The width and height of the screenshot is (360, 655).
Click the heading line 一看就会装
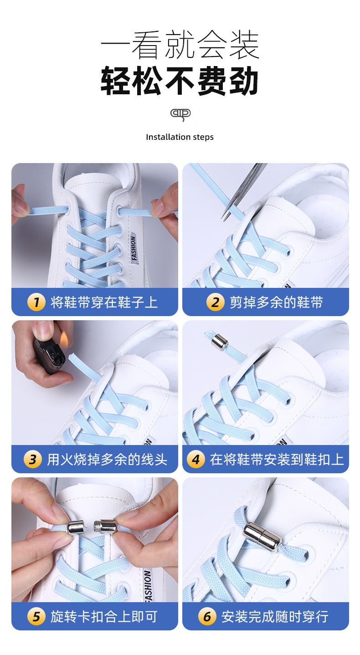180,46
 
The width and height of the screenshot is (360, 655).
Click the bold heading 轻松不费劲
180,81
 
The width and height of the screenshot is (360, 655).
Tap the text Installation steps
180,137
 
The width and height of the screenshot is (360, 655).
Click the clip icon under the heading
180,114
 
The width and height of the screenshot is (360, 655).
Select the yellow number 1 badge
36,302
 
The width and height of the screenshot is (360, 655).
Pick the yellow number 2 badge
215,302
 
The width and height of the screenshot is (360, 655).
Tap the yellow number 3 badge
32,459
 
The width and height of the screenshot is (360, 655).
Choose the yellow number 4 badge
195,459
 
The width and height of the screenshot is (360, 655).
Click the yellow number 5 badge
36,617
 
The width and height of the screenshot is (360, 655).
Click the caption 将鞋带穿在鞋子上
104,302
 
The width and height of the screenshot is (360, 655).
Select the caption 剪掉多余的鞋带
276,302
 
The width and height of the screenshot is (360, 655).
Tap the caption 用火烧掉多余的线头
107,459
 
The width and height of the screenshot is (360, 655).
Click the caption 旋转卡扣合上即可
104,617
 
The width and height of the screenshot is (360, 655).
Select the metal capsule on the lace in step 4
220,341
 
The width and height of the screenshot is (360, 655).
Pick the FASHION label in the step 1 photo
134,248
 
